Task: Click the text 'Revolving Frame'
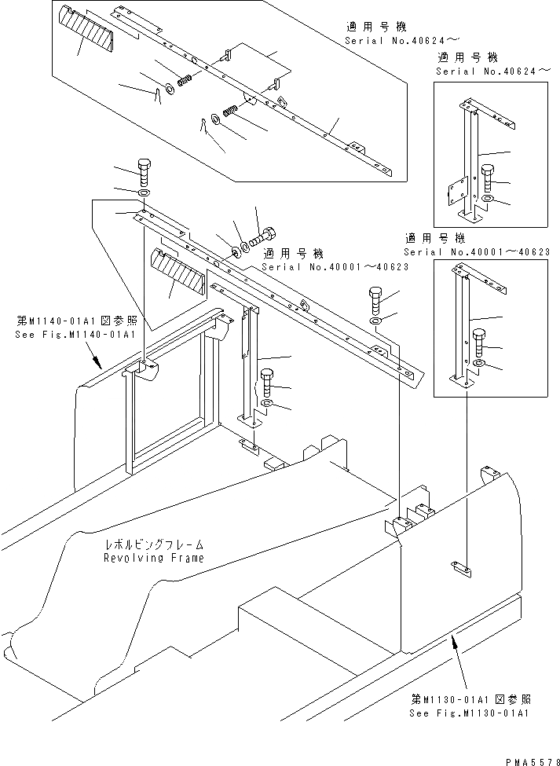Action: [x=153, y=558]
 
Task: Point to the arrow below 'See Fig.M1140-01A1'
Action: [x=97, y=361]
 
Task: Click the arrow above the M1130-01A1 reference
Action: [x=456, y=645]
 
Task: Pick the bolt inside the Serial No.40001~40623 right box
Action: [x=480, y=339]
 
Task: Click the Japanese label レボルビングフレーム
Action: [x=156, y=544]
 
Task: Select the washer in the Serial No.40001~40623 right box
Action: [x=481, y=365]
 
